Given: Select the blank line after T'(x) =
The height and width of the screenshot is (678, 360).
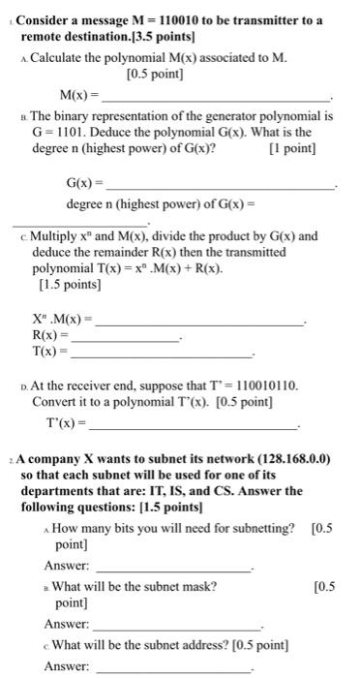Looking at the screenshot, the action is [x=193, y=426].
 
